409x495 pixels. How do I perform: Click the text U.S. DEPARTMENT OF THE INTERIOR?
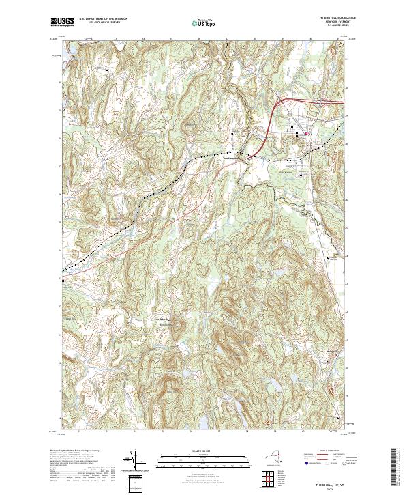[x=102, y=19]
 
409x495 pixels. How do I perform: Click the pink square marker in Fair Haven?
[x=307, y=132]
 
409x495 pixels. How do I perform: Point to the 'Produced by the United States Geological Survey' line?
[x=78, y=451]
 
